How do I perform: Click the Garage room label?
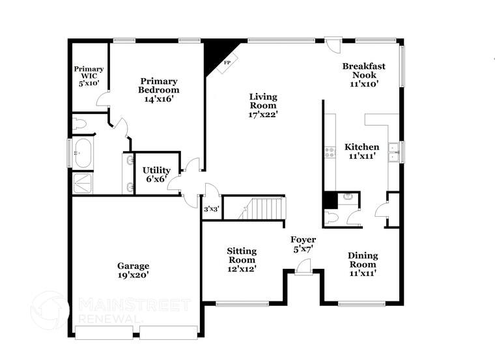[x=133, y=270]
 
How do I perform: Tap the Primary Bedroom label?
[x=158, y=90]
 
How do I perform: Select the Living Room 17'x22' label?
[x=263, y=105]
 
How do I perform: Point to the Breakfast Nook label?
[x=364, y=74]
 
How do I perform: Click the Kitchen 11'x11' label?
[x=361, y=152]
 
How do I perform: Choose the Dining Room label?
[x=363, y=264]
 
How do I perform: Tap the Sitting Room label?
[x=241, y=259]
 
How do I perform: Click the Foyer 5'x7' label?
[x=303, y=244]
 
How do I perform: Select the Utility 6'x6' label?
[x=156, y=174]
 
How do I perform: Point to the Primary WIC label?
[x=89, y=76]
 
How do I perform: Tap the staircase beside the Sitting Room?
[x=264, y=209]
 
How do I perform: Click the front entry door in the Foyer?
[x=303, y=268]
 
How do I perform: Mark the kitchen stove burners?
[x=330, y=154]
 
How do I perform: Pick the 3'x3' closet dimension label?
[x=211, y=209]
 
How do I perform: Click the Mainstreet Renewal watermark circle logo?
[x=49, y=310]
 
